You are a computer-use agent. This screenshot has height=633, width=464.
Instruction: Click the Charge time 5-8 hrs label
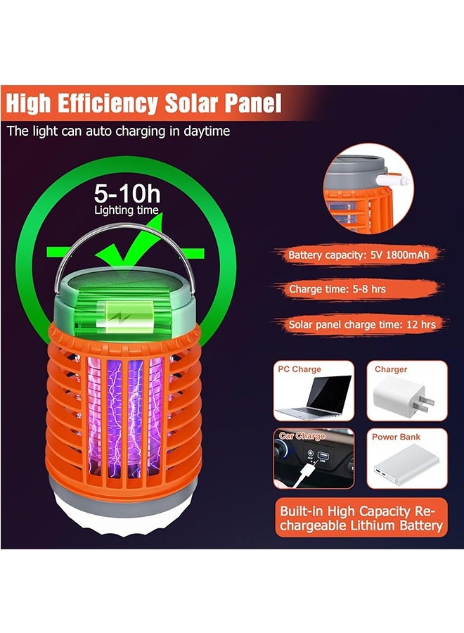click(x=337, y=288)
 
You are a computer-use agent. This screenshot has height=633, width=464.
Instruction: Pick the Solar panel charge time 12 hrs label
click(x=362, y=324)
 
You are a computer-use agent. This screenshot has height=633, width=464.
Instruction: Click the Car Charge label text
click(x=302, y=436)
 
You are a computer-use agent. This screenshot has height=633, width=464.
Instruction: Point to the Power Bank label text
click(x=396, y=437)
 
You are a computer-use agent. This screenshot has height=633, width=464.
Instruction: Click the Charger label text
click(x=390, y=369)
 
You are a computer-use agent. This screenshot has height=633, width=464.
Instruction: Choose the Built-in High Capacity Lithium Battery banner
click(x=361, y=518)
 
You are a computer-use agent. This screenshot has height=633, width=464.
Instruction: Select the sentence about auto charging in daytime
click(x=118, y=131)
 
